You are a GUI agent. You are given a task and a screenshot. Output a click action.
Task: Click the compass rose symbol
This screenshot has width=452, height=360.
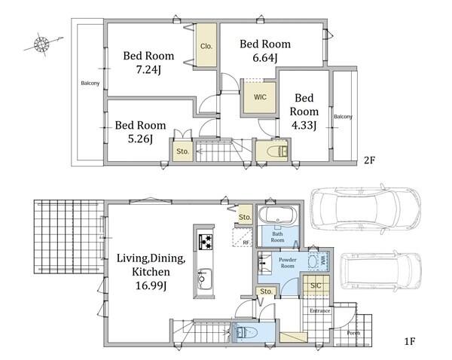tap(42, 44)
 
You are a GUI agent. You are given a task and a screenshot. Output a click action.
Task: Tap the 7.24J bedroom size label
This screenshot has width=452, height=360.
tap(148, 70)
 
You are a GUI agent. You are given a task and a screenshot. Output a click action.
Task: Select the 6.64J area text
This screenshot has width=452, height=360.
tap(265, 58)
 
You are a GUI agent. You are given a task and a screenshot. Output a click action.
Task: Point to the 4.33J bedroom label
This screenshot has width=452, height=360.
tap(304, 125)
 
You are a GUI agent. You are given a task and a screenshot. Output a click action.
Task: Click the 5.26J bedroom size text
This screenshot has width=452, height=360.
tap(140, 139)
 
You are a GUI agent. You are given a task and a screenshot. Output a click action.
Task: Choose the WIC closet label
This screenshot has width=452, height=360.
tap(260, 97)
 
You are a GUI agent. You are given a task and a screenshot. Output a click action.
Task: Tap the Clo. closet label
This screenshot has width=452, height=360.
tap(206, 46)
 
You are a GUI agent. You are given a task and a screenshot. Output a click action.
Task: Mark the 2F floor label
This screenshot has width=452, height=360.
tap(369, 160)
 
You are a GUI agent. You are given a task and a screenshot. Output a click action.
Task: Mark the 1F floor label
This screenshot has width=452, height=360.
tap(409, 342)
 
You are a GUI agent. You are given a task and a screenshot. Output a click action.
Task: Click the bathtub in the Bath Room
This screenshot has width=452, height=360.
tap(277, 215)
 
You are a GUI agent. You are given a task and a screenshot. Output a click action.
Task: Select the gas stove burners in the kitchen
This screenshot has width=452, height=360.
tap(206, 242)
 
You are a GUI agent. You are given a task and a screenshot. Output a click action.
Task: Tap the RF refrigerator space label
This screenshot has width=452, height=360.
tap(246, 243)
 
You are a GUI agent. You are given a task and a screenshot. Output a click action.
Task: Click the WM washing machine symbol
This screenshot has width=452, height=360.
tap(319, 261)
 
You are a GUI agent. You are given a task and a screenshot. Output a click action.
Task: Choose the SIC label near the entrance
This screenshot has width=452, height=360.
tap(316, 285)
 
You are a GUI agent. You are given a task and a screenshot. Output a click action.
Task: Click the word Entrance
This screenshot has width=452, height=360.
tap(319, 311)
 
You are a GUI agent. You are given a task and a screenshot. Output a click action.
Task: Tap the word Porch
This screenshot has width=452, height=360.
tap(353, 333)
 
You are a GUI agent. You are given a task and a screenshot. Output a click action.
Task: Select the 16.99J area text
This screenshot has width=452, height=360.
tap(151, 285)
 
